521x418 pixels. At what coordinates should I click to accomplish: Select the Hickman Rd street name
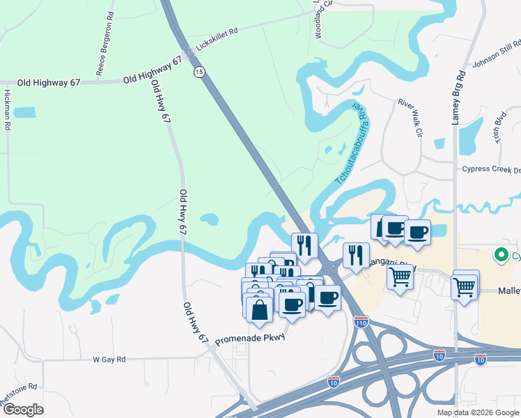[8, 110]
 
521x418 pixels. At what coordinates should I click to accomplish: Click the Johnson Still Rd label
[496, 58]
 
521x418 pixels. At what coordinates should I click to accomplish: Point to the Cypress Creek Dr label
[491, 169]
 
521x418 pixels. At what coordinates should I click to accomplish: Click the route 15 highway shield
[200, 72]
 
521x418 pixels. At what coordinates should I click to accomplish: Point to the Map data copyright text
[477, 412]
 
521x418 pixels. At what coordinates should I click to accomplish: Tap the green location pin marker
[499, 255]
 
